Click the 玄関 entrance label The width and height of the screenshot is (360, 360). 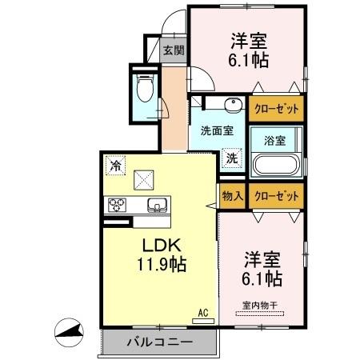pyautogui.click(x=174, y=50)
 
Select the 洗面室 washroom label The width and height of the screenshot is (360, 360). pyautogui.click(x=216, y=130)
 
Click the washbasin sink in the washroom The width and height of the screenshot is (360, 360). pyautogui.click(x=234, y=106)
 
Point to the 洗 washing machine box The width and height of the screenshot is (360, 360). pyautogui.click(x=231, y=158)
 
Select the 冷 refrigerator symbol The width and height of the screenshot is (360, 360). pyautogui.click(x=116, y=167)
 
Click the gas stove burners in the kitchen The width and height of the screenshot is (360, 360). pyautogui.click(x=118, y=203)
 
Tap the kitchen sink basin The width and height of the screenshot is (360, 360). pyautogui.click(x=156, y=203)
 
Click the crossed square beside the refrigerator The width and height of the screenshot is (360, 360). pyautogui.click(x=145, y=178)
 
